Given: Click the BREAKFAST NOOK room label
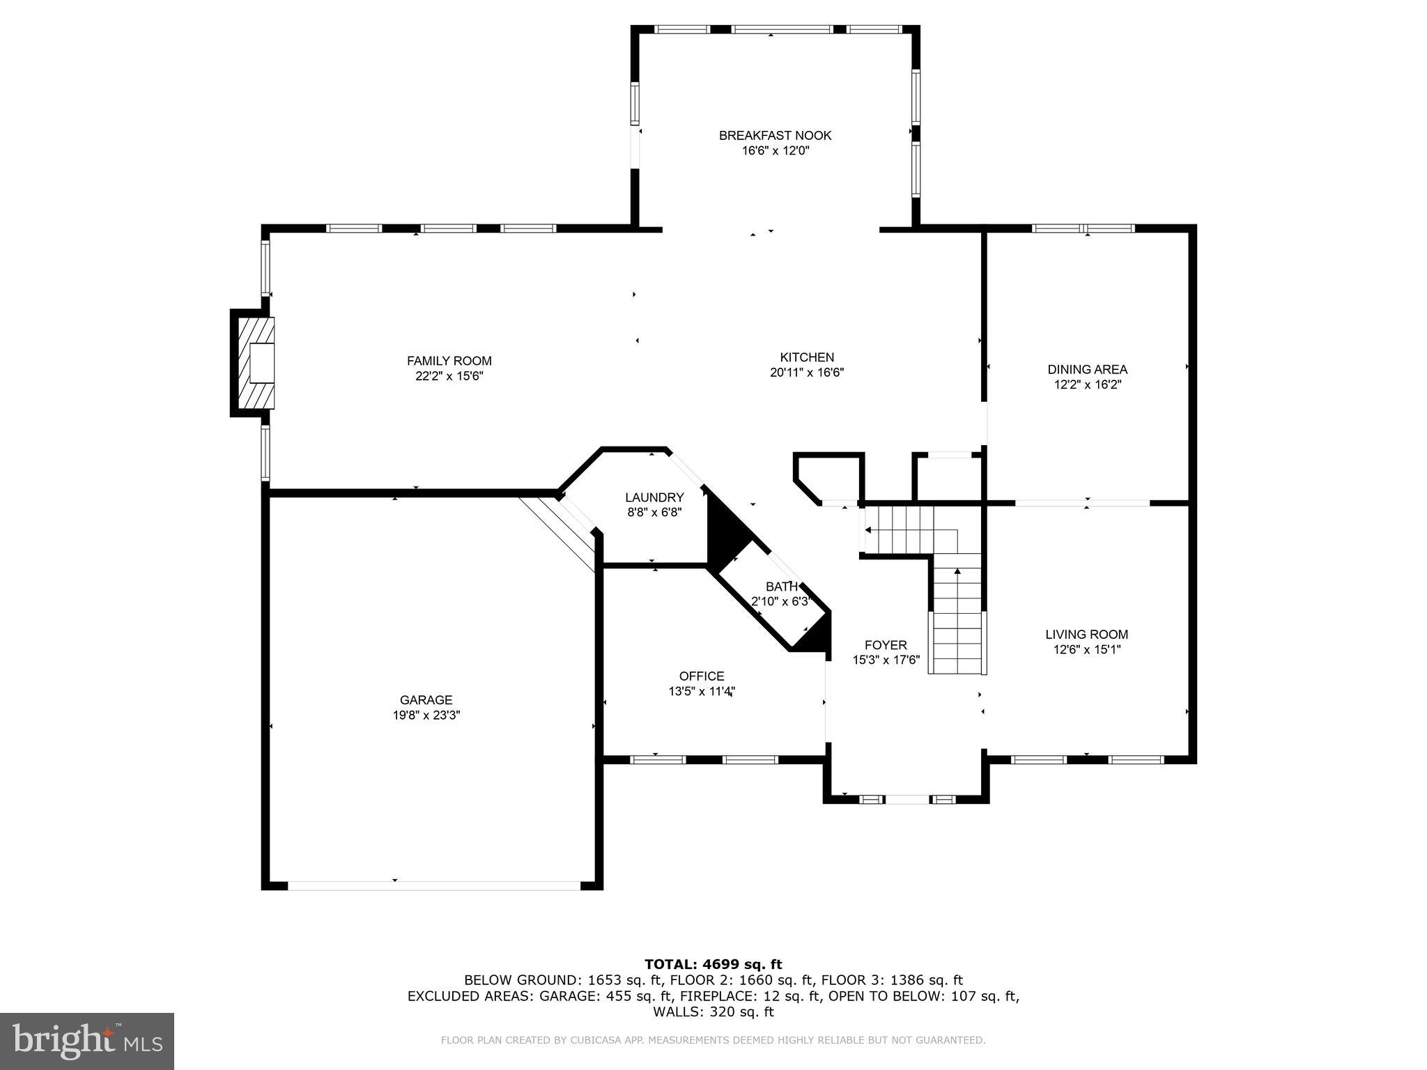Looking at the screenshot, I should [x=775, y=135].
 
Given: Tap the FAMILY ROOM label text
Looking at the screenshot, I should [x=449, y=361].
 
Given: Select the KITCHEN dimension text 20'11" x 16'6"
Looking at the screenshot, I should [x=807, y=373].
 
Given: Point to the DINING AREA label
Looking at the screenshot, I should [x=1087, y=369].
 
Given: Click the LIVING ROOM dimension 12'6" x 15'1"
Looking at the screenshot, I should [x=1086, y=650].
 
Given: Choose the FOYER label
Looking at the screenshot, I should [x=886, y=645].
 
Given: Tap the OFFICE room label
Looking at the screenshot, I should [x=702, y=676].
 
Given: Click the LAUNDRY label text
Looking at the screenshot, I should [x=654, y=497].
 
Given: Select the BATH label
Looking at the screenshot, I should [x=781, y=587].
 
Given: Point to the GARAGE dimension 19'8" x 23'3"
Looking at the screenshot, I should [x=426, y=715].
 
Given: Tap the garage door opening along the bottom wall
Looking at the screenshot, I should [x=433, y=885].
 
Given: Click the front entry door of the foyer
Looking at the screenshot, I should [x=907, y=799].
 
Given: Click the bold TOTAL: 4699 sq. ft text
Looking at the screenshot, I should [x=713, y=964].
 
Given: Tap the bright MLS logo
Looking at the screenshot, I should [x=86, y=1041].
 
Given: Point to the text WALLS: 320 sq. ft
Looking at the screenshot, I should [x=713, y=1011].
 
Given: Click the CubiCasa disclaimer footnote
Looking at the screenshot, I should [x=713, y=1040].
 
